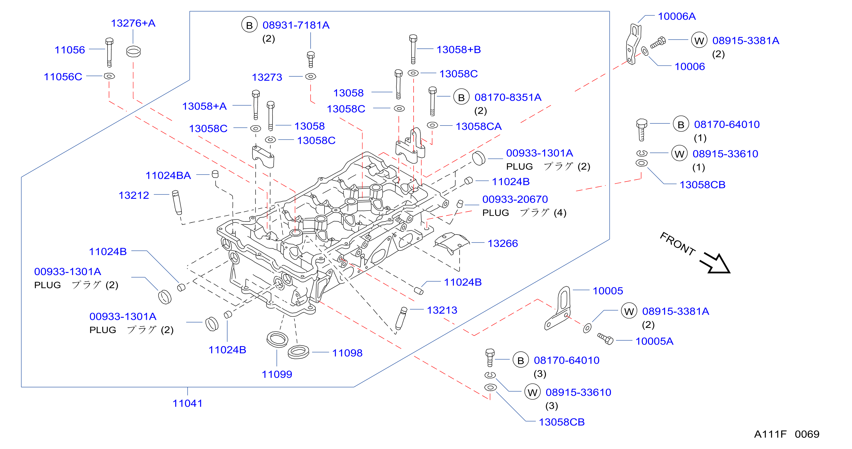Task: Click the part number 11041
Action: pos(187,403)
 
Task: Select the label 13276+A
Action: pos(133,23)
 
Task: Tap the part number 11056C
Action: pos(63,77)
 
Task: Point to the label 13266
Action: pos(502,243)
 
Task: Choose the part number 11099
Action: pos(277,374)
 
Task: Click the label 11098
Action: pos(347,353)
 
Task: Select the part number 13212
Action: pos(134,195)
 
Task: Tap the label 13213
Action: pos(442,310)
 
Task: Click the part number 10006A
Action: pos(677,16)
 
